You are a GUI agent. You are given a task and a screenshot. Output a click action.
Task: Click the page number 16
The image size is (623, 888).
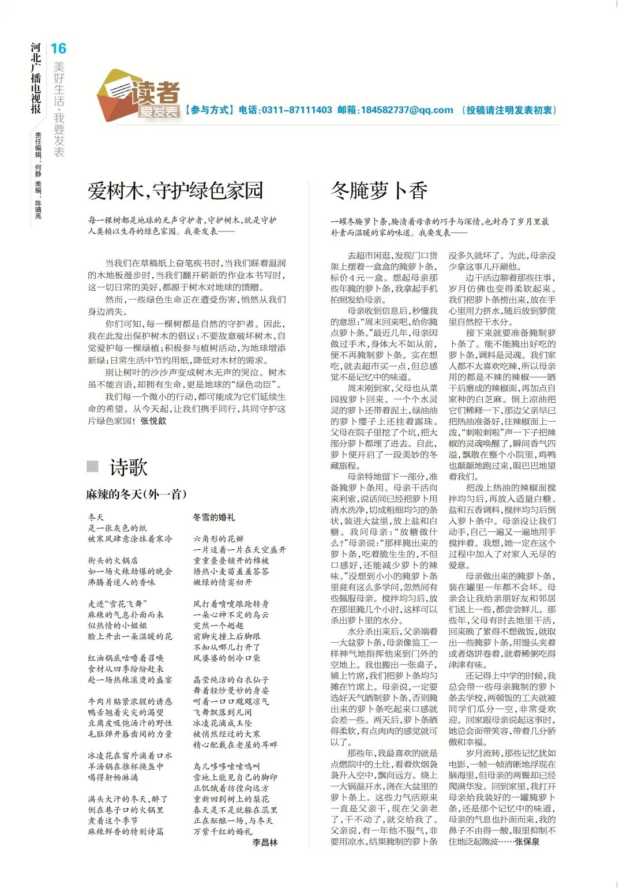[x=58, y=48]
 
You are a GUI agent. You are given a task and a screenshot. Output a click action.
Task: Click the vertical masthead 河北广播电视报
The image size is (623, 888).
[x=36, y=78]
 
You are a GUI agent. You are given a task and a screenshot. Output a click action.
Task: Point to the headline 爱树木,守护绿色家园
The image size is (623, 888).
[x=175, y=190]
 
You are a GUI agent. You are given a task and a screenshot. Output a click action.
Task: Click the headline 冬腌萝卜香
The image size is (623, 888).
[x=379, y=190]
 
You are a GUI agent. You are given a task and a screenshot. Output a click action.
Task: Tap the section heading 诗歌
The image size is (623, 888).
[x=129, y=467]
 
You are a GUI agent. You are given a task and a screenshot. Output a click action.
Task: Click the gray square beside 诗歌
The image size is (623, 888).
[x=92, y=466]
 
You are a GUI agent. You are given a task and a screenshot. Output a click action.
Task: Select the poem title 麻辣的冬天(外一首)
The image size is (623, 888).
[x=136, y=494]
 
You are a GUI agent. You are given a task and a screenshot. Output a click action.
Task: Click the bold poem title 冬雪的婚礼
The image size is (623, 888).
[x=213, y=517]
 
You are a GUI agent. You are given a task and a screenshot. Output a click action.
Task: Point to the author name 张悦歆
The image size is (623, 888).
[x=153, y=421]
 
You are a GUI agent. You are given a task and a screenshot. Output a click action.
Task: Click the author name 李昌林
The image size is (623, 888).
[x=265, y=842]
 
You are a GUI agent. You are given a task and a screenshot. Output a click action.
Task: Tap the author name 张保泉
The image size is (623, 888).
[x=527, y=842]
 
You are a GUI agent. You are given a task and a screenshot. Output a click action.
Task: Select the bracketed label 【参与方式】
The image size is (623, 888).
[x=208, y=110]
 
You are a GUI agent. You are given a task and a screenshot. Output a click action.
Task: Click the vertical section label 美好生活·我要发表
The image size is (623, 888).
[x=59, y=109]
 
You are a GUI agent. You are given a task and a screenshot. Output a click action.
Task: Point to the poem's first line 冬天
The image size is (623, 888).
[x=96, y=517]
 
